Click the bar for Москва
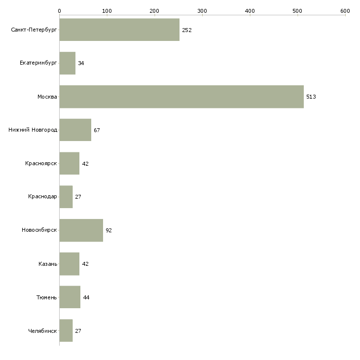click(181, 97)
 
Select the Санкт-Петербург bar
click(119, 30)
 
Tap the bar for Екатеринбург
click(68, 63)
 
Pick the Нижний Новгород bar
click(75, 130)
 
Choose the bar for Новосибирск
click(81, 230)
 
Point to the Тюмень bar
click(70, 297)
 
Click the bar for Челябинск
click(66, 330)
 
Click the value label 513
click(311, 97)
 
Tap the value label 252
click(187, 30)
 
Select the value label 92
click(109, 230)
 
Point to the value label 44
click(86, 297)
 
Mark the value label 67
click(97, 130)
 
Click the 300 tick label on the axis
click(202, 11)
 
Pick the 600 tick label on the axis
click(345, 11)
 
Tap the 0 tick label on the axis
click(60, 11)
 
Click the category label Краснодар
click(42, 197)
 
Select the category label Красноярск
click(41, 163)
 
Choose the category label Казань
click(48, 264)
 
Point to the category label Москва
click(47, 97)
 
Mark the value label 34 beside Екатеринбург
click(81, 63)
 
